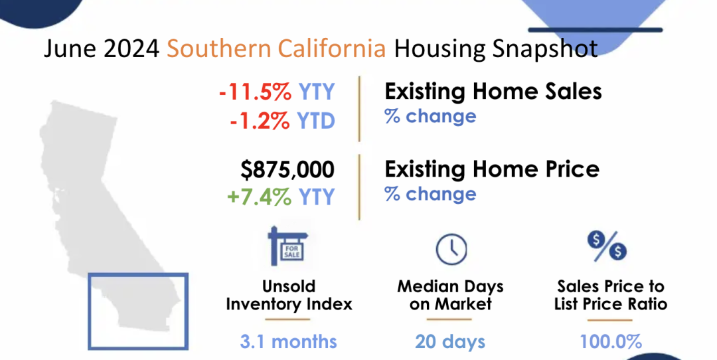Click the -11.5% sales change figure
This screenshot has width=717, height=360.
tap(255, 92)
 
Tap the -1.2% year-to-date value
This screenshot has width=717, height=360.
tap(260, 121)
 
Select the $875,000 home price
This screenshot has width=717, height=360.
tap(287, 170)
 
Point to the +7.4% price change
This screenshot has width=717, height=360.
tap(259, 197)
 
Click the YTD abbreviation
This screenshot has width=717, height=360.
tap(316, 121)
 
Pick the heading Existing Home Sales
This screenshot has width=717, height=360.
tap(493, 91)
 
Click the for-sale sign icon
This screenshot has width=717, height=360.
tap(288, 246)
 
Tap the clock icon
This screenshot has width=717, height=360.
tap(451, 249)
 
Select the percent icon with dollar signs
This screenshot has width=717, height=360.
tap(607, 246)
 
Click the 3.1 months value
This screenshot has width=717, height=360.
tap(289, 341)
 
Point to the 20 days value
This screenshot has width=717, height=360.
tap(450, 341)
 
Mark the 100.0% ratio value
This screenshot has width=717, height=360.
tap(611, 341)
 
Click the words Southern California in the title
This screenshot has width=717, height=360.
tap(276, 48)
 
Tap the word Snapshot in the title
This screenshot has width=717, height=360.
tap(545, 48)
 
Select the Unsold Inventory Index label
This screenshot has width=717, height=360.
tap(289, 295)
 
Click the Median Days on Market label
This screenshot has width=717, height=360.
tap(450, 295)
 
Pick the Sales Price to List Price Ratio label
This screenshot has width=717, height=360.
tap(611, 295)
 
